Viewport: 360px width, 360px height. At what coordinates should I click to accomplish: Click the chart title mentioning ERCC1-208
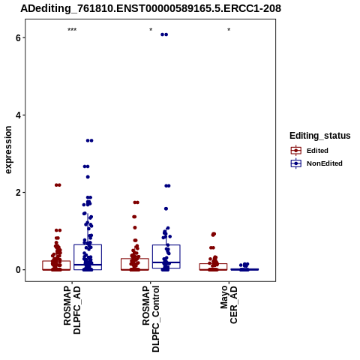(x=151, y=8)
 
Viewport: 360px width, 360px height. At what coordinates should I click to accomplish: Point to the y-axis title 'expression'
(x=8, y=150)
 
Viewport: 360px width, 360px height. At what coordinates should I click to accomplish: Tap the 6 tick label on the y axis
(x=18, y=37)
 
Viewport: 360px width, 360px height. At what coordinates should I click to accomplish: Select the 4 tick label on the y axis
(x=18, y=115)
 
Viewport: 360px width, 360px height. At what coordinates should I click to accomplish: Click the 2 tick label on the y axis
(x=18, y=193)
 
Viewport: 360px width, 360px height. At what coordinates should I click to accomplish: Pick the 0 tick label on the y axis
(x=18, y=270)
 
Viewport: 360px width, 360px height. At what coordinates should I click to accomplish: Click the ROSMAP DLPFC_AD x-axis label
(x=72, y=310)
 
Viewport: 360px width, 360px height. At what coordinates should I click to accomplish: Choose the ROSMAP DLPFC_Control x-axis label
(x=151, y=319)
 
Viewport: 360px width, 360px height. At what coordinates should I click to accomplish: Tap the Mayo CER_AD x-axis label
(x=229, y=304)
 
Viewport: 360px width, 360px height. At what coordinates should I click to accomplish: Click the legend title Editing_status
(x=320, y=136)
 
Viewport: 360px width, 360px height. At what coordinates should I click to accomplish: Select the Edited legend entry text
(x=317, y=151)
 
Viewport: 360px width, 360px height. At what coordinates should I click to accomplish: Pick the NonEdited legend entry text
(x=325, y=163)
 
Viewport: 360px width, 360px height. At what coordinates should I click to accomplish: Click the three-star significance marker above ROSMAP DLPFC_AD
(x=72, y=30)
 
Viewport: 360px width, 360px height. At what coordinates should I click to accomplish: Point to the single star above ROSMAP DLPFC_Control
(x=151, y=30)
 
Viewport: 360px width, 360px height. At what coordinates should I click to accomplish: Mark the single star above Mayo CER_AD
(x=229, y=30)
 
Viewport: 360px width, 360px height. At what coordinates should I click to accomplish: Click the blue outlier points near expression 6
(x=164, y=34)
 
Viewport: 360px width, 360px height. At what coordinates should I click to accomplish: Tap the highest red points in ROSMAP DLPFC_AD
(x=58, y=185)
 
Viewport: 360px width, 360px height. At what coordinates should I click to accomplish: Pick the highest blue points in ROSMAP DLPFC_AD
(x=89, y=140)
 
